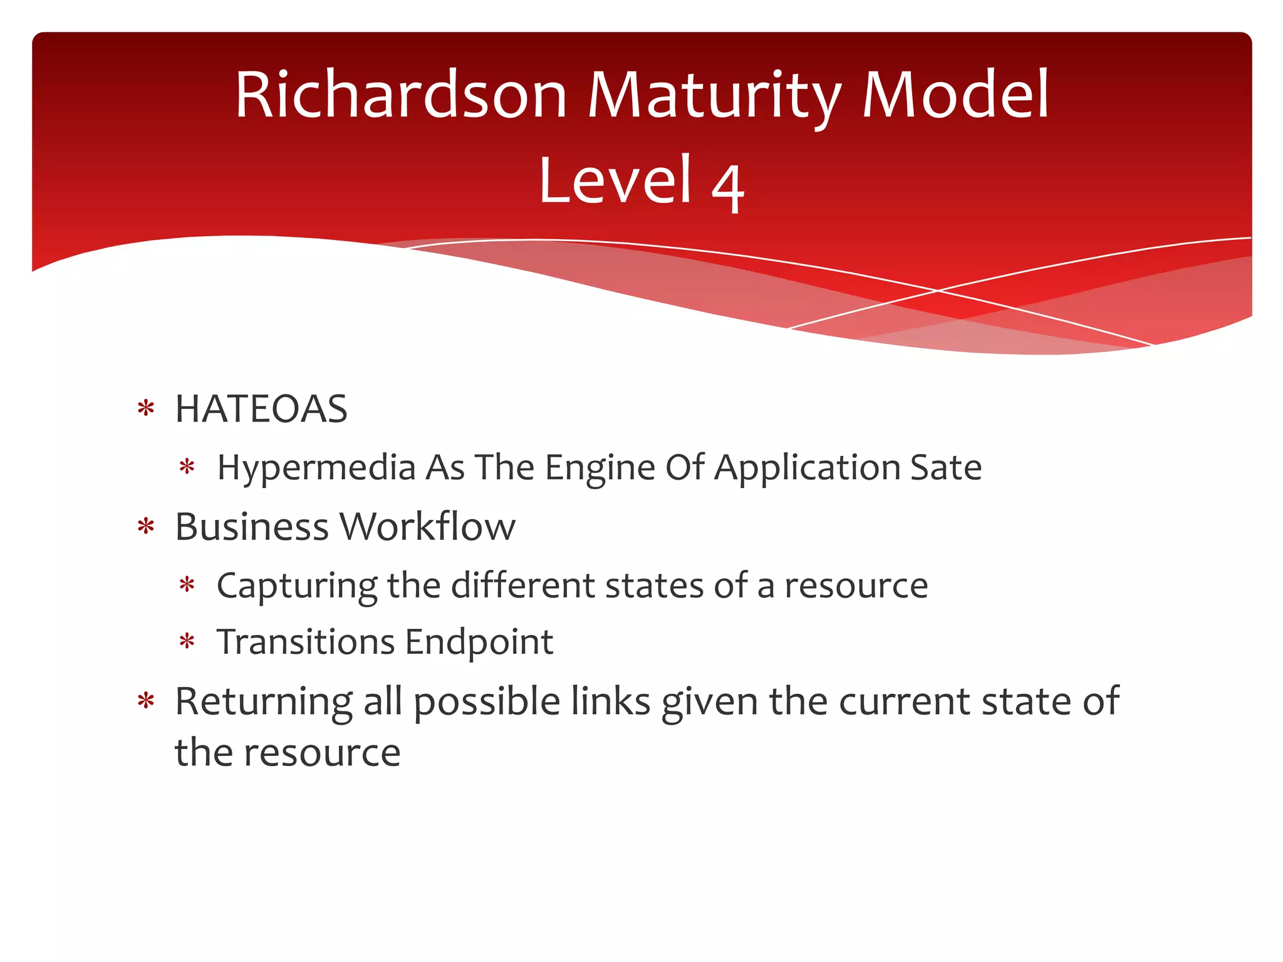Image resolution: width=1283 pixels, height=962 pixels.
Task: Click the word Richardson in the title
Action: pos(401,95)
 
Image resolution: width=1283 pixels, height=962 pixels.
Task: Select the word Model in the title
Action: pos(955,95)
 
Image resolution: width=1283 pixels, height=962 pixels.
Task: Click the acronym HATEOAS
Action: pos(261,409)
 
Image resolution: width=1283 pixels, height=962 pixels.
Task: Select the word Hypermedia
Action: pos(316,468)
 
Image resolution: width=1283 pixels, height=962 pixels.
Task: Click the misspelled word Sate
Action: pos(945,468)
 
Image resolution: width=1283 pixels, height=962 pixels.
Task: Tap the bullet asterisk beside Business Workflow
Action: pos(146,527)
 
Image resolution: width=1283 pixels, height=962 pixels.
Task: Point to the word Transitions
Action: pos(306,642)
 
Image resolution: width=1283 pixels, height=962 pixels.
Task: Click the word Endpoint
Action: pos(479,643)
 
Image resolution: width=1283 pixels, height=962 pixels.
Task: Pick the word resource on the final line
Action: pos(322,753)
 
